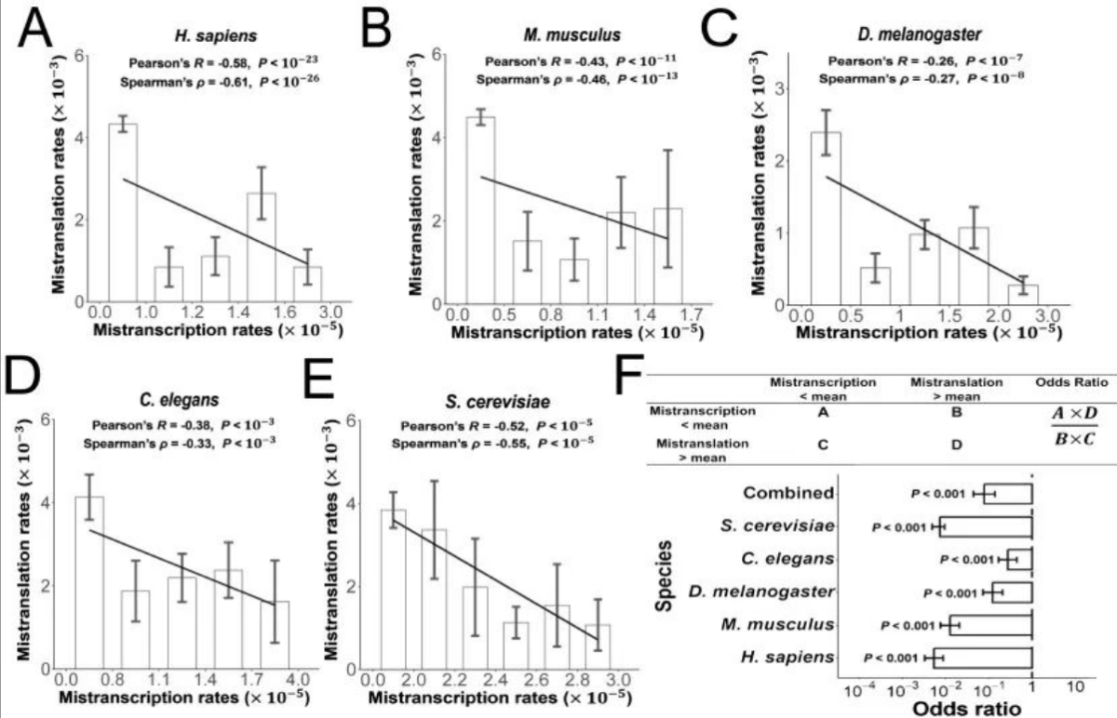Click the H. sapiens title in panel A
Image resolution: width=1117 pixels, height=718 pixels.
pos(203,37)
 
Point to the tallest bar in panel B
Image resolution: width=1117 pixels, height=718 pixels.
pos(480,209)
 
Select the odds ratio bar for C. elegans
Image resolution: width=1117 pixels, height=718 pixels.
pos(1020,559)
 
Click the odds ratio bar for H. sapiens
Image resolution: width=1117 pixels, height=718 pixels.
pos(985,658)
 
